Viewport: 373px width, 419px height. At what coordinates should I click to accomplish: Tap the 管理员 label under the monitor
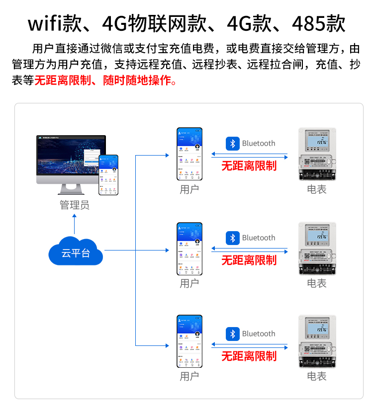coord(75,205)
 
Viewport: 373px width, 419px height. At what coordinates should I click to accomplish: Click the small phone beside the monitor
coord(108,174)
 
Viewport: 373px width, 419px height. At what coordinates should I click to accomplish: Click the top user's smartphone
coord(189,154)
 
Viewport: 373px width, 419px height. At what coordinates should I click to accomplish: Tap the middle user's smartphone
coord(189,249)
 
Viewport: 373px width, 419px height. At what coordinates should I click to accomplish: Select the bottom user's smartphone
coord(189,341)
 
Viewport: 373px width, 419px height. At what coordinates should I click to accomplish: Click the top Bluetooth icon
coord(233,144)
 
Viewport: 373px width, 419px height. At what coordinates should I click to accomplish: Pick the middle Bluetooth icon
coord(233,238)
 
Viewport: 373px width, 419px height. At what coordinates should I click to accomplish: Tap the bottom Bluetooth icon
coord(233,334)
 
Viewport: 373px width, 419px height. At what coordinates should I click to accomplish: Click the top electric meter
coord(317,154)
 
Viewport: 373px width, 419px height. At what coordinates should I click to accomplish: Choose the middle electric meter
coord(317,249)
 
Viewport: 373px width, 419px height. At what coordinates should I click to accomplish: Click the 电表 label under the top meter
coord(317,189)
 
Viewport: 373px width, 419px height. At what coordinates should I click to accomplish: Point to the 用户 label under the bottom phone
coord(189,376)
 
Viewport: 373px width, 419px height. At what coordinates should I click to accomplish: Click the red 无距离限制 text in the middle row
coord(249,260)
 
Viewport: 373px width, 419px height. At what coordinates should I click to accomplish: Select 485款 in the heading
coord(318,23)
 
